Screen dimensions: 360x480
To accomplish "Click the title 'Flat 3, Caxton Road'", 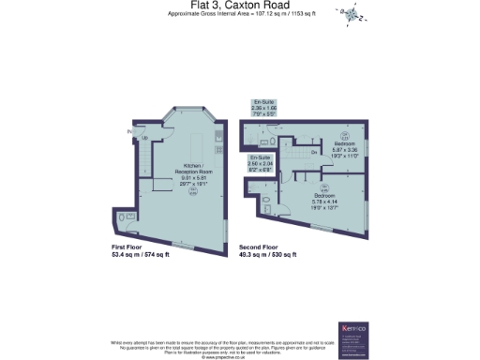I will tap(239, 7).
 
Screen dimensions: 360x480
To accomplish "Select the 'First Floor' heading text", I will tap(128, 247).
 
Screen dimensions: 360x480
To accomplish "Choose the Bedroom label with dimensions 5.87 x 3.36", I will tap(344, 148).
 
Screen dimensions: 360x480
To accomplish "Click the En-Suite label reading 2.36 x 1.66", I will tap(262, 107).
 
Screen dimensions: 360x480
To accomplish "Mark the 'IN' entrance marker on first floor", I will tap(129, 132).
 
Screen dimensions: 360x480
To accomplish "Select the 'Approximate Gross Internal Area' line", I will tap(239, 15).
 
